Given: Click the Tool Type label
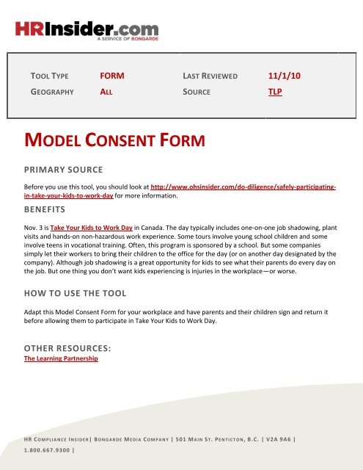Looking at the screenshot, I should [x=50, y=76].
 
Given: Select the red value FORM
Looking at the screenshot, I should [x=112, y=76].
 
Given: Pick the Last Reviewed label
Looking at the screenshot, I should [x=211, y=76].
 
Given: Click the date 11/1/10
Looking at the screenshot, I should [x=283, y=76].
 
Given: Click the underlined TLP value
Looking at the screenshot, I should [x=276, y=93].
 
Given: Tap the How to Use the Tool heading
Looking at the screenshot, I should [x=76, y=294].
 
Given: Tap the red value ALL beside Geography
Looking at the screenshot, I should [x=106, y=93].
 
